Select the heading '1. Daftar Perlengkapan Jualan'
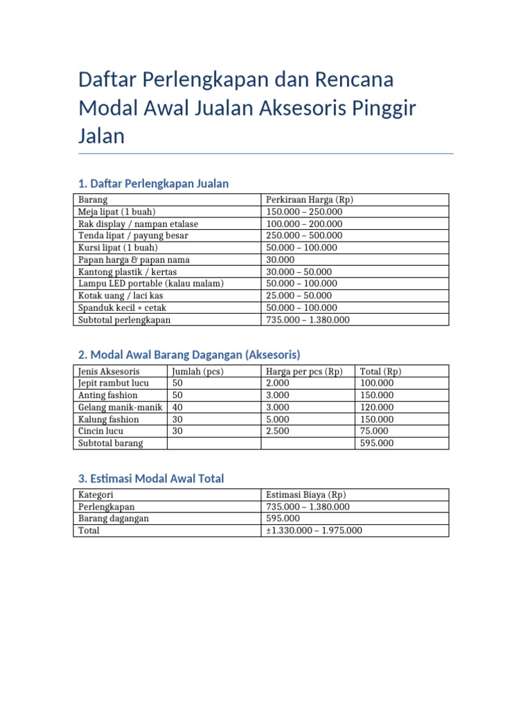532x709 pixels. [x=153, y=183]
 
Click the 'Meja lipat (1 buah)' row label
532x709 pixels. [x=116, y=212]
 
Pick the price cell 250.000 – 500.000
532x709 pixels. [x=304, y=236]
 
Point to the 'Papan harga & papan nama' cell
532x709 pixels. [x=134, y=260]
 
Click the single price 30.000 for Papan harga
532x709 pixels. [x=280, y=260]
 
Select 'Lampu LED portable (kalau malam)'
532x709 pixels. [x=150, y=284]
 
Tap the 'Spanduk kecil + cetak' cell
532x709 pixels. [x=122, y=307]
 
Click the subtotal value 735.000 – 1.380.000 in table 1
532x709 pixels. [x=308, y=320]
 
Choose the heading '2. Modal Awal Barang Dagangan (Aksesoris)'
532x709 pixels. [x=189, y=355]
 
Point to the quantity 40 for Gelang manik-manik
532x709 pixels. [x=177, y=407]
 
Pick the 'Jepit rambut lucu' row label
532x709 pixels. [x=113, y=384]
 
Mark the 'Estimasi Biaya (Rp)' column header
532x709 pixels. [x=306, y=495]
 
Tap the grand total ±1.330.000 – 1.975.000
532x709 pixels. [x=314, y=530]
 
